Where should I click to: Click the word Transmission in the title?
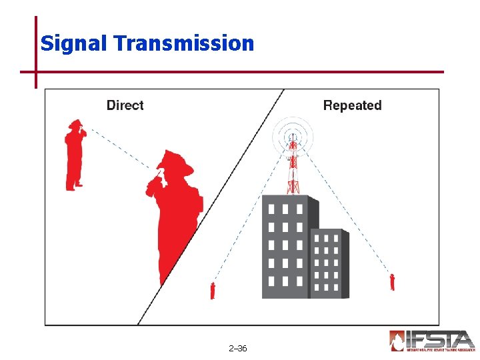[x=184, y=43]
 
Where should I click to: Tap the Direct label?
[x=125, y=105]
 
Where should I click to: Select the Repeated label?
[x=352, y=105]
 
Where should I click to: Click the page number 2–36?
[x=237, y=348]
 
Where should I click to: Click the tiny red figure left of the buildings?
[x=213, y=291]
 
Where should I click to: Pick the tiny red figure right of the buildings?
[x=393, y=282]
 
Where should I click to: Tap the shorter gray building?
[x=328, y=263]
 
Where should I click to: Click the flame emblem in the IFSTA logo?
[x=398, y=341]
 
